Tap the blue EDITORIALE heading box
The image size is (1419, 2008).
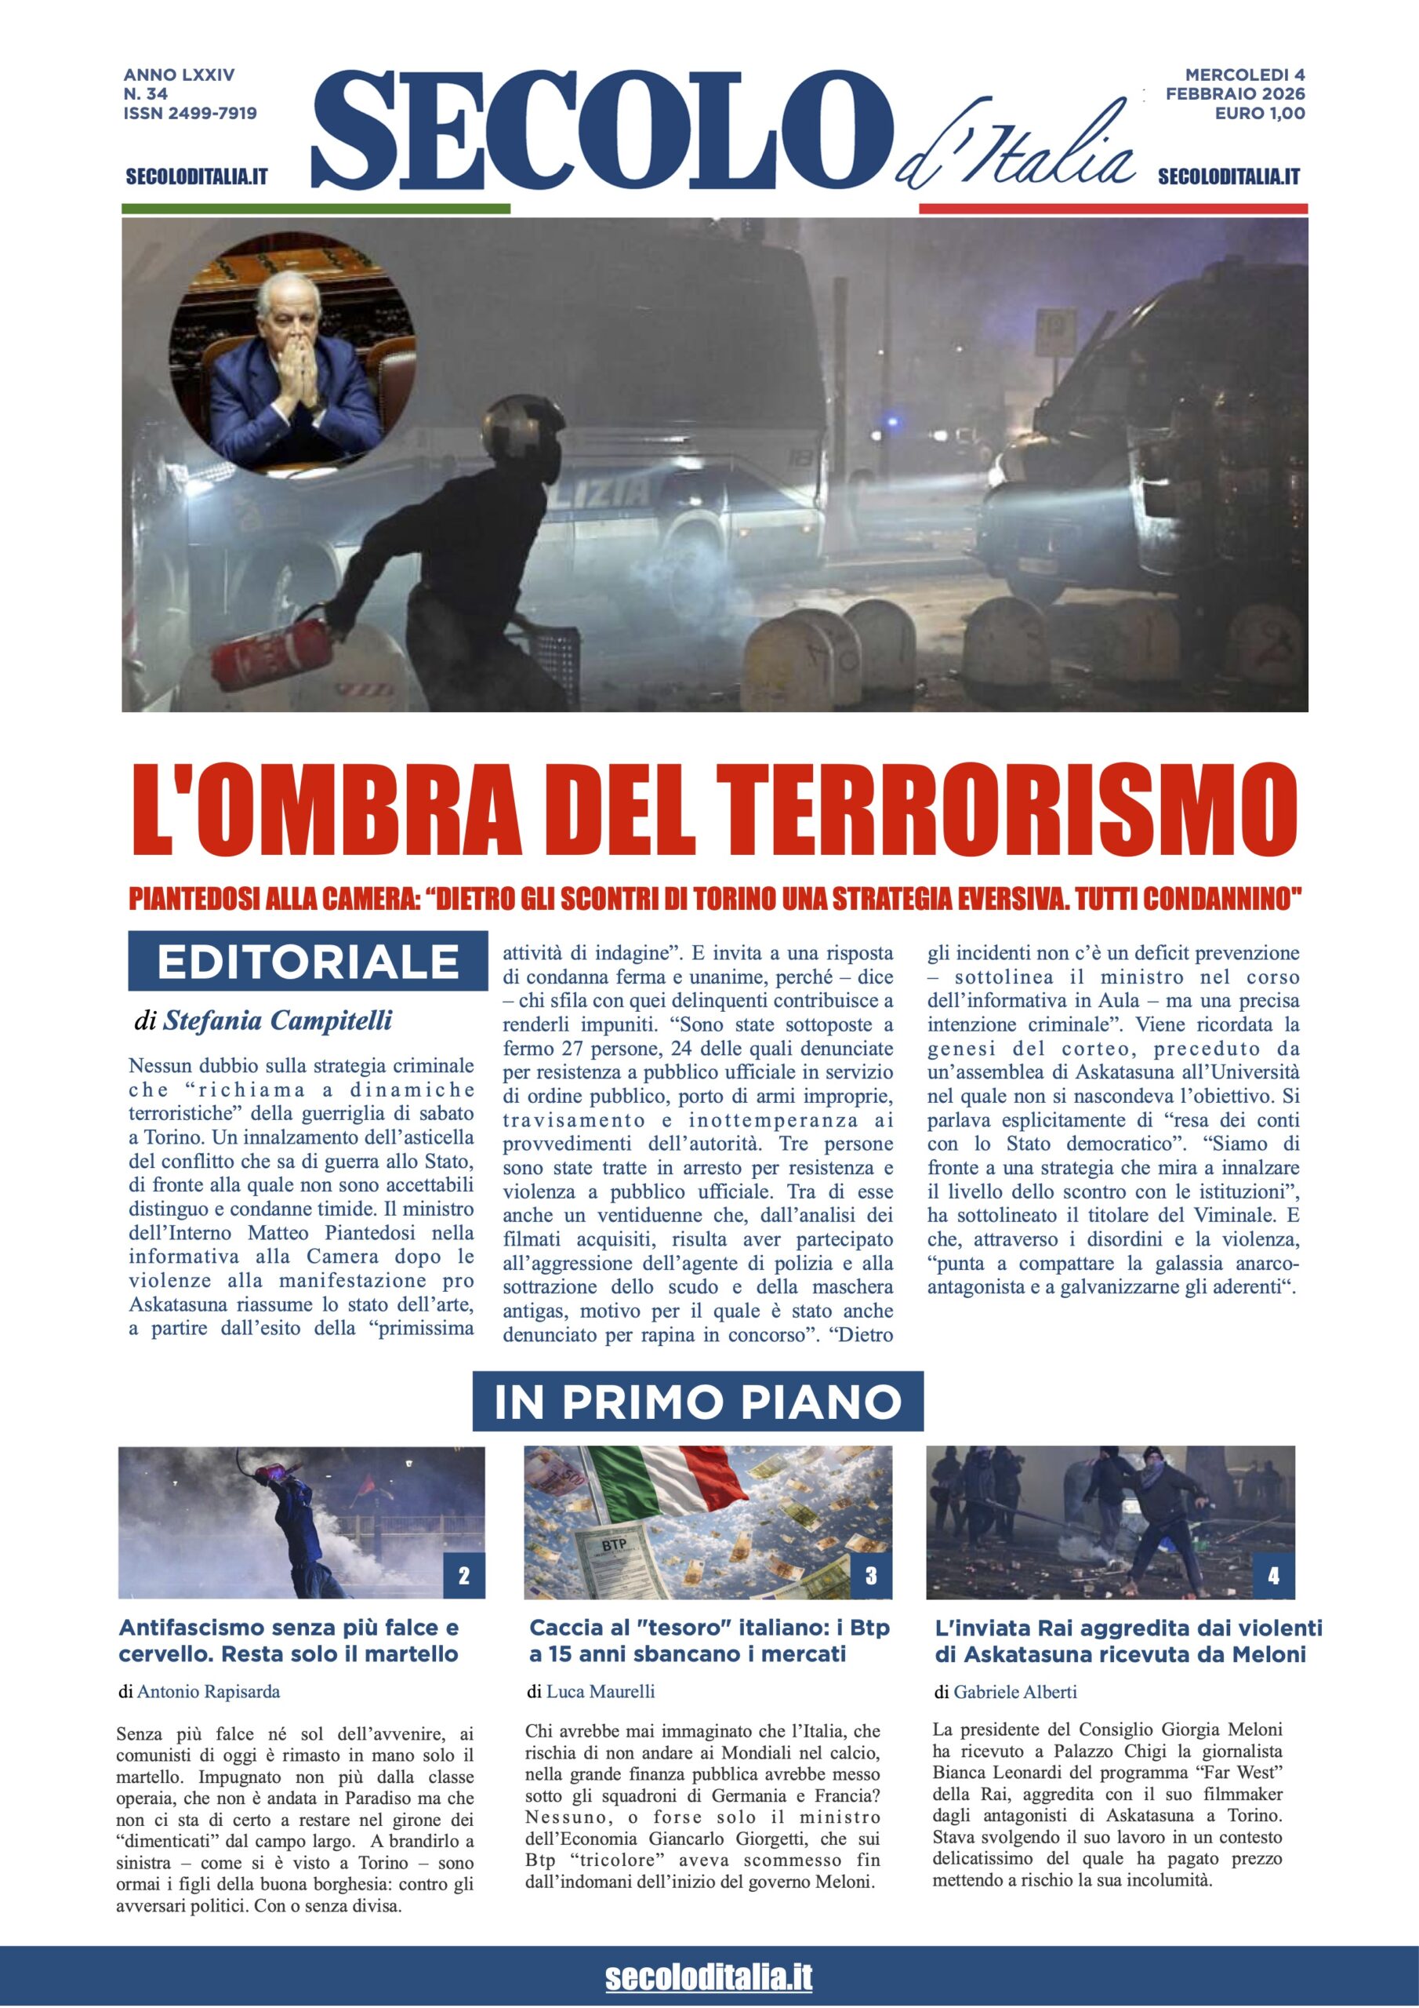pyautogui.click(x=308, y=961)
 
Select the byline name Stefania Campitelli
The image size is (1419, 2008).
pyautogui.click(x=278, y=1020)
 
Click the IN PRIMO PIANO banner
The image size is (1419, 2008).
pyautogui.click(x=698, y=1401)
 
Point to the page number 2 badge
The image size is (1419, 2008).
pyautogui.click(x=463, y=1576)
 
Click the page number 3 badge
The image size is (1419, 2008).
pyautogui.click(x=871, y=1576)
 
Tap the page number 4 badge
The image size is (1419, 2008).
pyautogui.click(x=1273, y=1576)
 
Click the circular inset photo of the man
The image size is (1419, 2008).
pyautogui.click(x=292, y=355)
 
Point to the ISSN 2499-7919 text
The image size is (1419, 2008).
pyautogui.click(x=190, y=113)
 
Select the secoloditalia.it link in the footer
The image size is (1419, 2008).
pyautogui.click(x=708, y=1977)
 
